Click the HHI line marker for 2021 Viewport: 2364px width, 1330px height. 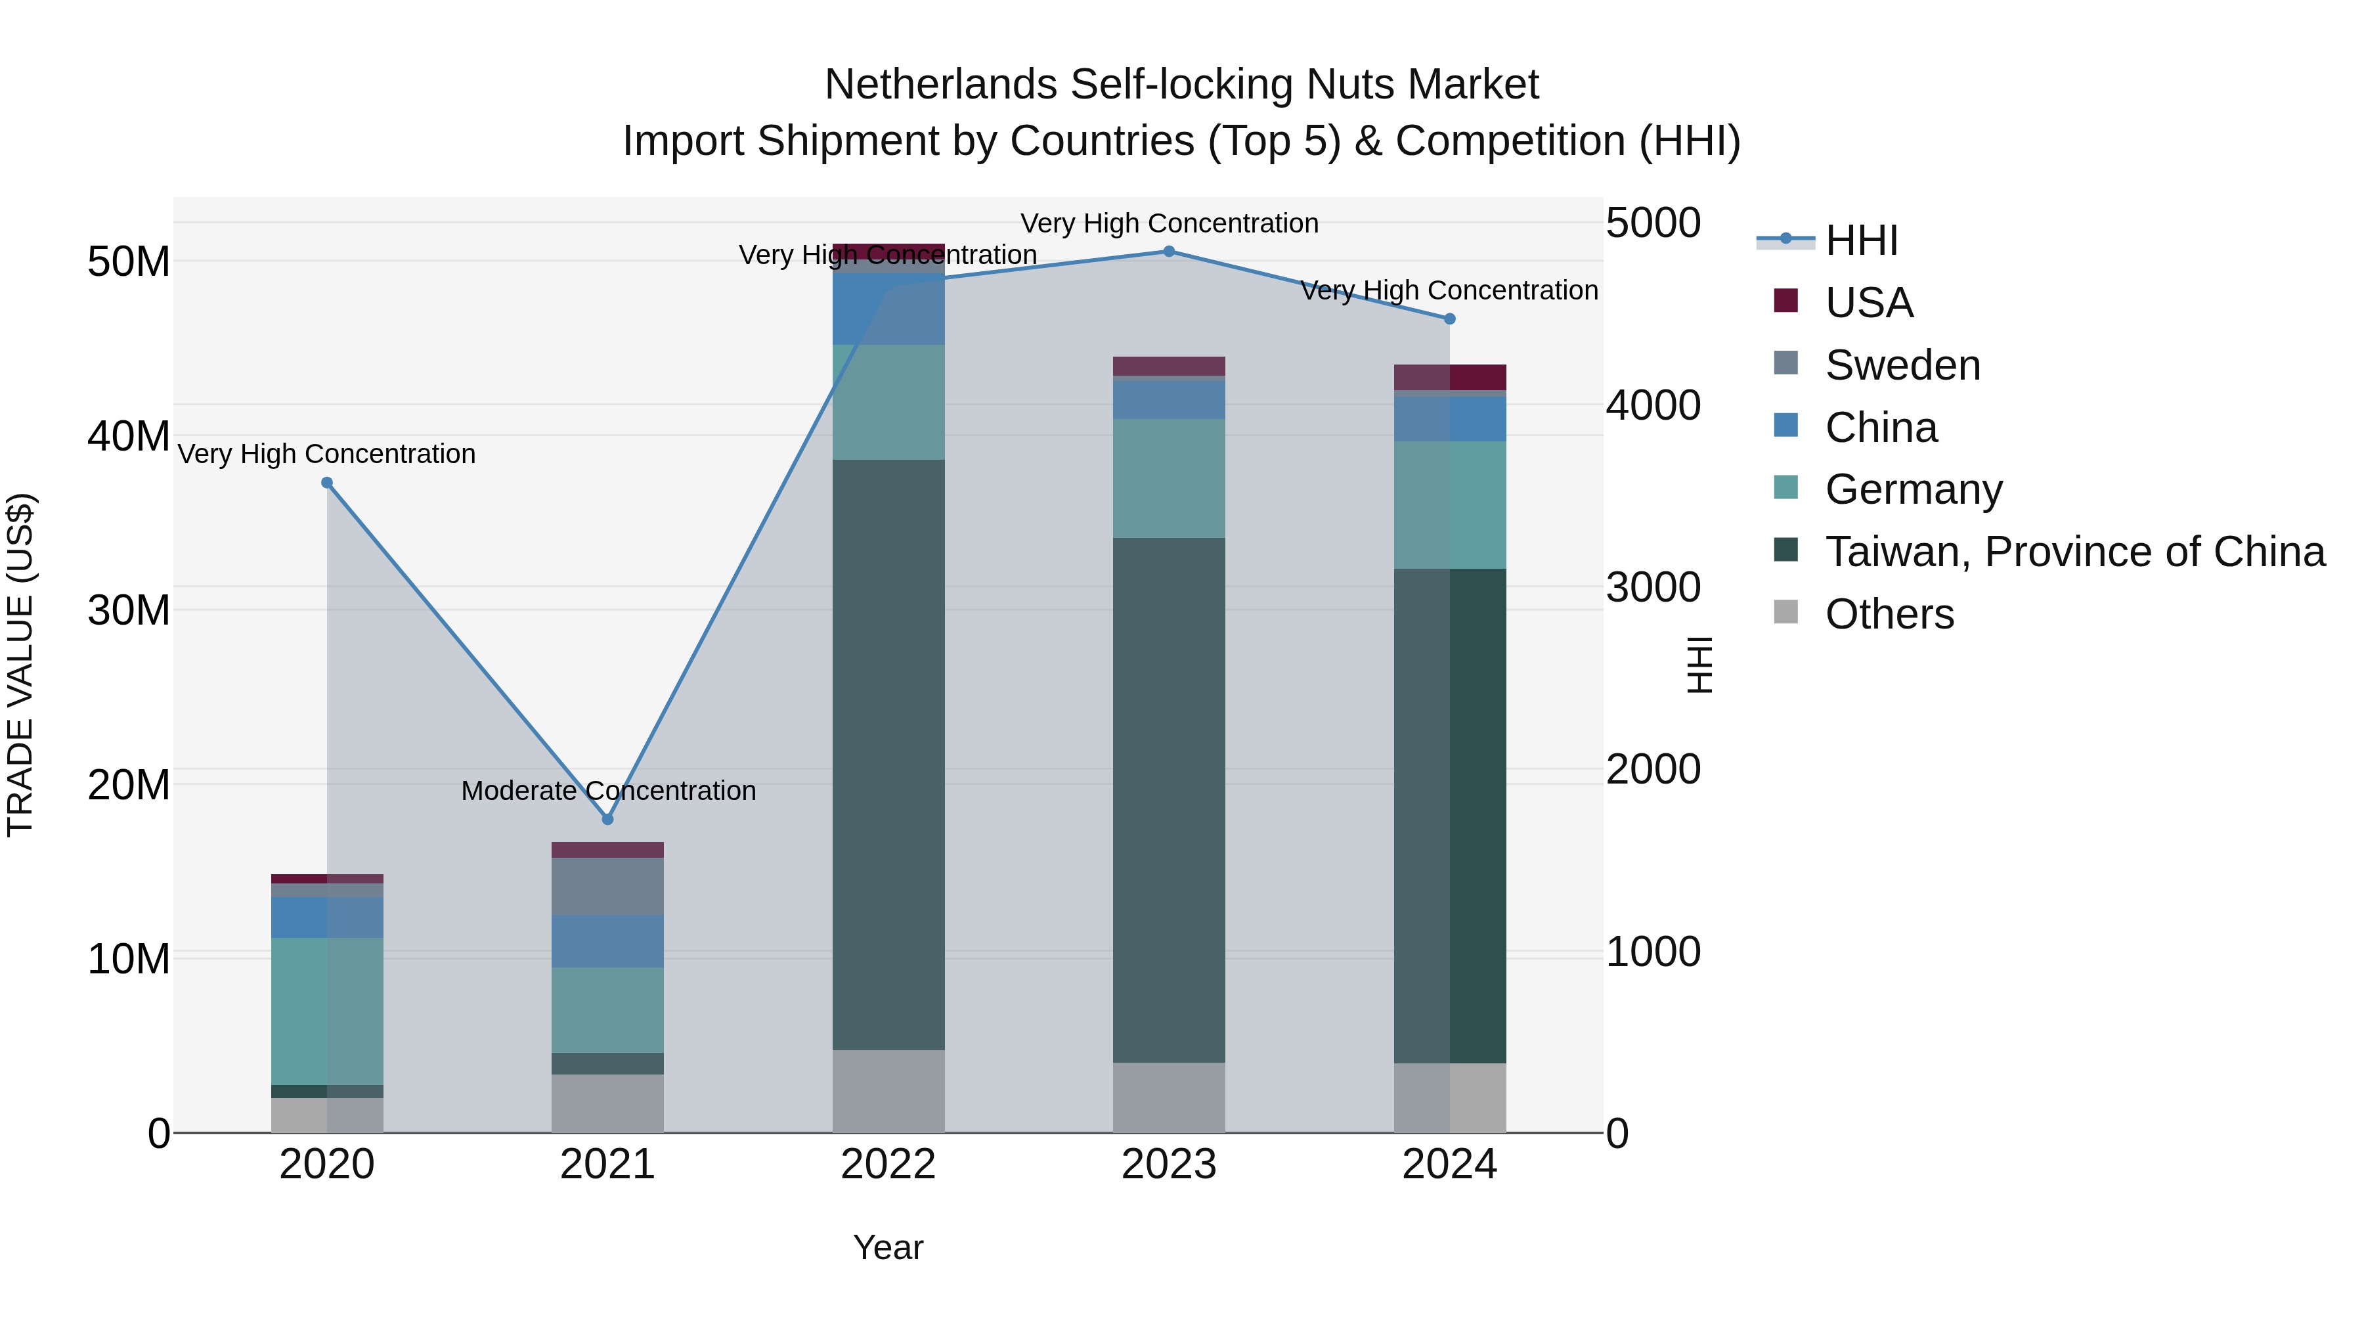coord(607,819)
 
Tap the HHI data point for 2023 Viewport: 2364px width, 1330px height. coord(1168,251)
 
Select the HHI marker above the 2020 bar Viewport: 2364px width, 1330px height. coord(327,483)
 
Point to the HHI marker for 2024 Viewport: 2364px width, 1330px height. coord(1449,319)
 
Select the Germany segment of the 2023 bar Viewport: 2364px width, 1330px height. coord(1168,478)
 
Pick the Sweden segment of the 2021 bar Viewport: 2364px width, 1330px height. coord(607,886)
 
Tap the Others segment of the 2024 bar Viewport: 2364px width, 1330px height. coord(1450,1097)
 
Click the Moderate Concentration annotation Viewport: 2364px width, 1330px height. coord(607,790)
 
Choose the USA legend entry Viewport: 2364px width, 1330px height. coord(1868,303)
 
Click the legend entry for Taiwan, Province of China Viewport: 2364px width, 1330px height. coord(2074,552)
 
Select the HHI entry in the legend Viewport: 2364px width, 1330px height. coord(1861,240)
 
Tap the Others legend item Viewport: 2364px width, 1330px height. coord(1889,614)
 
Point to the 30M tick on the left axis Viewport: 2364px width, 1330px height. coord(129,610)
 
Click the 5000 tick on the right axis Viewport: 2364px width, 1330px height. coord(1653,223)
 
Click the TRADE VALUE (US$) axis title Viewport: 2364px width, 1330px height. coord(20,665)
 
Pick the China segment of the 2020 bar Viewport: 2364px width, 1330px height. coord(327,917)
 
